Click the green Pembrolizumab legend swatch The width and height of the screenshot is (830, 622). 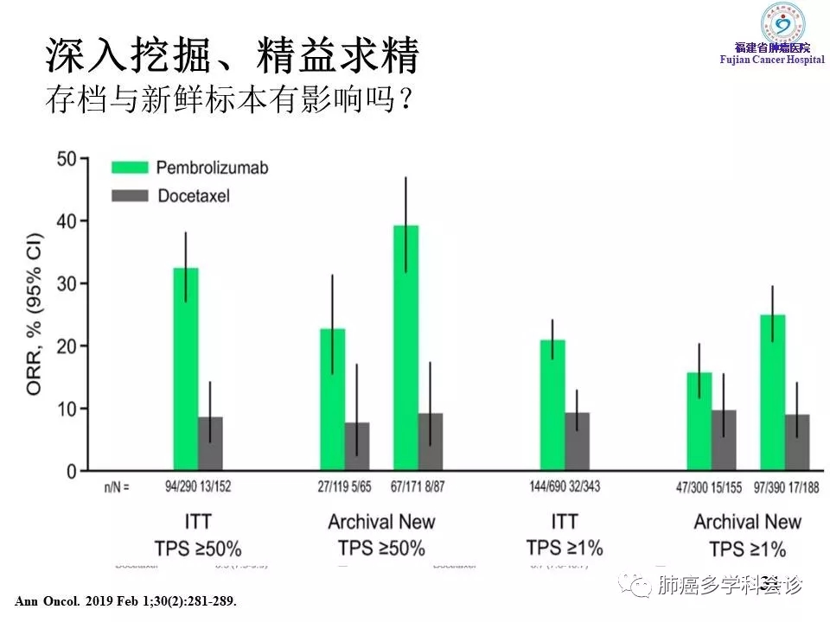(x=131, y=168)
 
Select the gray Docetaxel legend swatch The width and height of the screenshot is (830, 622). (x=131, y=196)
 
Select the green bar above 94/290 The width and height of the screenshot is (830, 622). (x=186, y=369)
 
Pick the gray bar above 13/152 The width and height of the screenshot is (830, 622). (x=210, y=443)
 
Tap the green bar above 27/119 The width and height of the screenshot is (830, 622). (x=333, y=399)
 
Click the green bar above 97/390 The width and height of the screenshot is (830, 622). (x=773, y=392)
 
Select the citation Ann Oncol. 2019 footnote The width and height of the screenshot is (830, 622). (x=125, y=600)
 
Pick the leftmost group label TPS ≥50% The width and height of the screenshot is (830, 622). (x=198, y=548)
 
